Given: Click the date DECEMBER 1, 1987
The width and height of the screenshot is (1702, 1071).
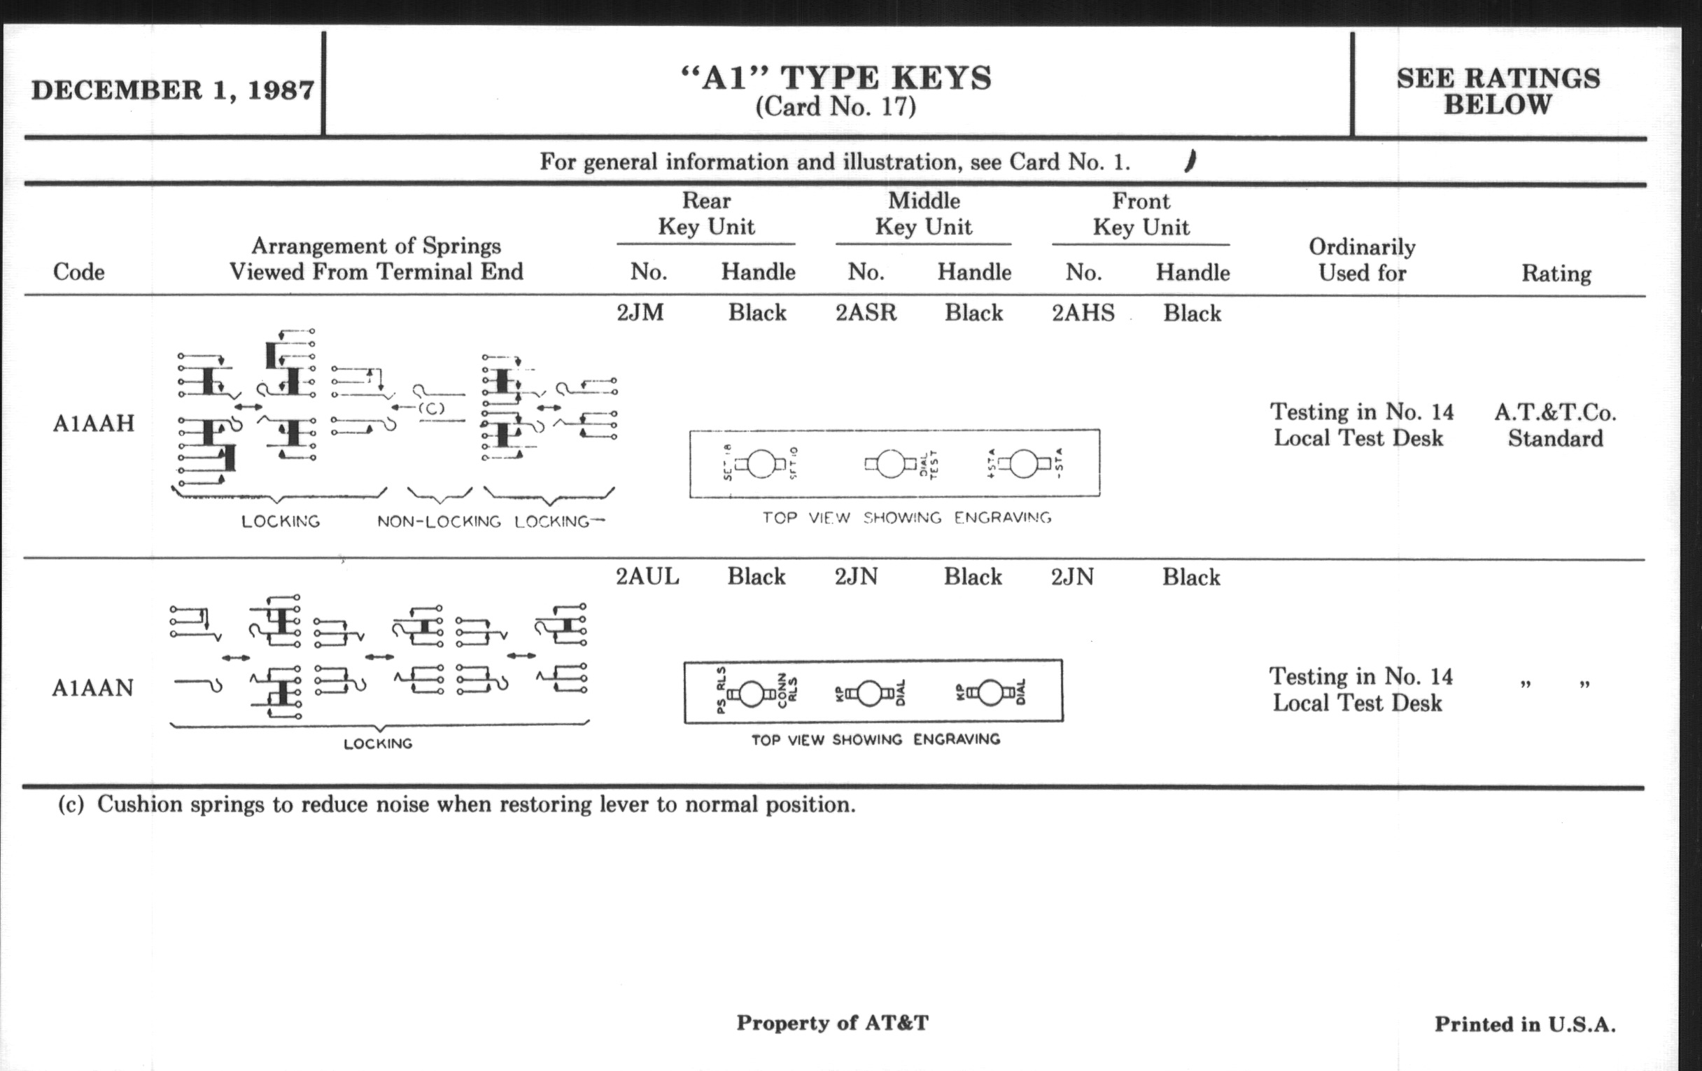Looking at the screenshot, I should coord(172,90).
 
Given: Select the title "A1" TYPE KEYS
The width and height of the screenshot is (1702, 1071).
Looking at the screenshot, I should coord(836,78).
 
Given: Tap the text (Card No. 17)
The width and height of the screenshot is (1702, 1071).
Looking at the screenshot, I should coord(836,106).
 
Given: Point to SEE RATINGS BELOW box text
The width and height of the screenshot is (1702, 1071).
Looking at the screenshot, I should coord(1498,91).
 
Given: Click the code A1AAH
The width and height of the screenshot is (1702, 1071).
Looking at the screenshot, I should coord(93,423).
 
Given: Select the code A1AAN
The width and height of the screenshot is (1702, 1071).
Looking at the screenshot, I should coord(92,687).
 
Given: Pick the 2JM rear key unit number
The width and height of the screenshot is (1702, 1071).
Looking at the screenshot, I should coord(640,312).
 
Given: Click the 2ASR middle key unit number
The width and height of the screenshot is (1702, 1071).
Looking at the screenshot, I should coord(866,312).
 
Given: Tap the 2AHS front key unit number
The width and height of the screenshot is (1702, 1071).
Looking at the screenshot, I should coord(1083,312).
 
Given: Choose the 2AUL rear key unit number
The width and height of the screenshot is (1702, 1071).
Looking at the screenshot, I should coord(647,577).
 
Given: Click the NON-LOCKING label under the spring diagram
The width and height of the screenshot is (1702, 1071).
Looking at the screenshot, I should coord(438,521).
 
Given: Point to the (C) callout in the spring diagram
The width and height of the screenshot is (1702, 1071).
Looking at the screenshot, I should coord(431,408).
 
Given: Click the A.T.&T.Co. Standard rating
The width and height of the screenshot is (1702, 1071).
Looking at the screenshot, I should coord(1555,425).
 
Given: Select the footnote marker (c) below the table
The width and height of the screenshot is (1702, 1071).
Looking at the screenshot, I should coord(71,804).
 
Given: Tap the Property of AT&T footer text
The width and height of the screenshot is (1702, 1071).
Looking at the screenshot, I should coord(832,1022).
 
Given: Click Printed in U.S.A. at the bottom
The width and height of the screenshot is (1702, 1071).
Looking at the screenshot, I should coord(1524,1023).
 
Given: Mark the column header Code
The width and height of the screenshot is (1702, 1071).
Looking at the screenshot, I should coord(78,272).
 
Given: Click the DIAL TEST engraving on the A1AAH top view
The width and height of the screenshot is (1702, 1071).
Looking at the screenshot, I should coord(928,465).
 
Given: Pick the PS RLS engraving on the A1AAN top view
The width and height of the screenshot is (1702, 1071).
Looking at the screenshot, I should coord(721,690).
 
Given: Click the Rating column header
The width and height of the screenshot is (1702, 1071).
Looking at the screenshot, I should coord(1556,273).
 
